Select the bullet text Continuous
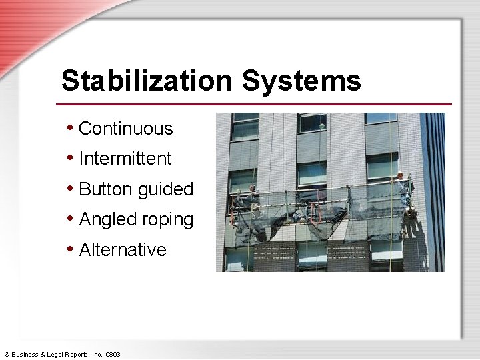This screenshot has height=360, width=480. [125, 129]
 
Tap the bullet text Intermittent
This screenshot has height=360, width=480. [125, 159]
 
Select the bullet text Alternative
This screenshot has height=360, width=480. [122, 250]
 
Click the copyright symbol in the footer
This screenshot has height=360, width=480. [7, 355]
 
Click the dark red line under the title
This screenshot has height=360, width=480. [253, 104]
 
